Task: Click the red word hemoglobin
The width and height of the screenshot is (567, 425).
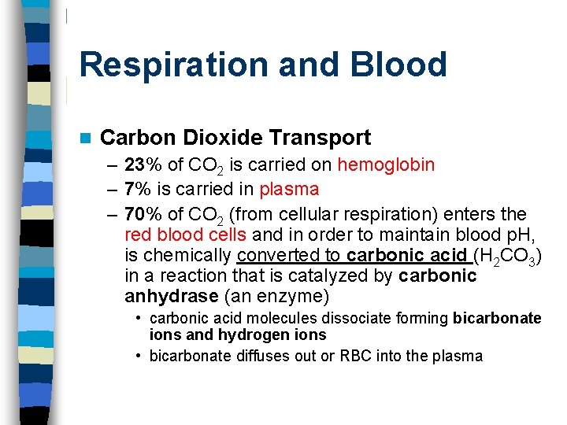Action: click(x=386, y=164)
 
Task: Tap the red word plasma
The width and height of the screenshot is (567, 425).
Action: click(x=289, y=189)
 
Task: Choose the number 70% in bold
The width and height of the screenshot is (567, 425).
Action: click(x=143, y=214)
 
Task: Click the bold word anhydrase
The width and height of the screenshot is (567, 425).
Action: click(x=171, y=296)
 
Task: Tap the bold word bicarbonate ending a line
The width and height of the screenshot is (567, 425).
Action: click(x=498, y=318)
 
